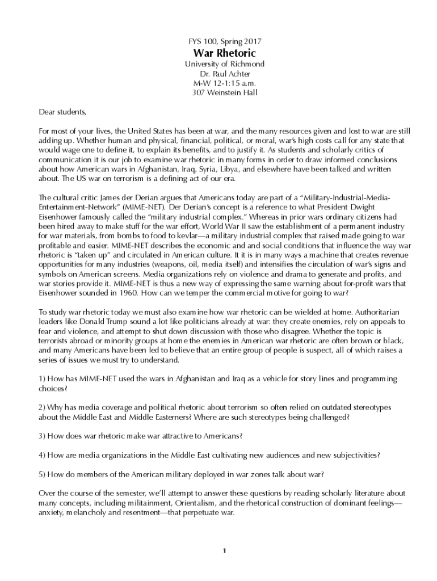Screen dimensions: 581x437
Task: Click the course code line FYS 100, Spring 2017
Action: click(225, 41)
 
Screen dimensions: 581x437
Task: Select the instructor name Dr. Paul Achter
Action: click(225, 74)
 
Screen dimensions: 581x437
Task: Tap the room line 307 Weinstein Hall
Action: click(225, 93)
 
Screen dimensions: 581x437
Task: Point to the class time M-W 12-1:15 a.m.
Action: click(225, 83)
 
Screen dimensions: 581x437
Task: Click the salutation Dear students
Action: click(62, 111)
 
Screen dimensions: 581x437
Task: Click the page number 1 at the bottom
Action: click(225, 551)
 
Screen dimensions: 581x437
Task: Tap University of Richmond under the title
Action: click(225, 64)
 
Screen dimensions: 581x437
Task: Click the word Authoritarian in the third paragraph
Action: click(375, 313)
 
